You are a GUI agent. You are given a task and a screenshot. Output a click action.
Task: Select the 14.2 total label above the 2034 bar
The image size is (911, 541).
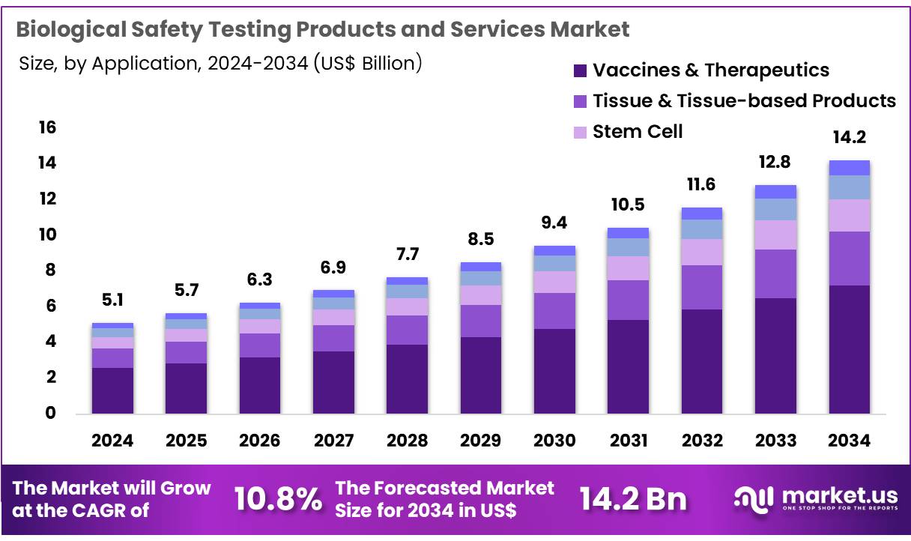coord(849,138)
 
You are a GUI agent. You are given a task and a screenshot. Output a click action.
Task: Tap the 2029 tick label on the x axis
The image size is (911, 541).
coord(480,441)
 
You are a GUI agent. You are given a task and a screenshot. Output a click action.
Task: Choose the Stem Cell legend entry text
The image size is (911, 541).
coord(638,132)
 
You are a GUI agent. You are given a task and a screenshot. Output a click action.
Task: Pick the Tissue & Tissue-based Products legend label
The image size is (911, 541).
coord(744,101)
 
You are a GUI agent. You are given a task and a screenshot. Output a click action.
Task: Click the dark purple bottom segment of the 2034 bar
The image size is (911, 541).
coord(849,349)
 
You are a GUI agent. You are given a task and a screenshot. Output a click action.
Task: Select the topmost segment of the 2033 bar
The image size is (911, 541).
coord(775,192)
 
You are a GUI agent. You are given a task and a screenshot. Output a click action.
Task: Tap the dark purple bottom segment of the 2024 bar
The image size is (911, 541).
coord(112,390)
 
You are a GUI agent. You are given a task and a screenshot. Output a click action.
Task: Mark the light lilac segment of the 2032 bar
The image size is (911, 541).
coord(702,252)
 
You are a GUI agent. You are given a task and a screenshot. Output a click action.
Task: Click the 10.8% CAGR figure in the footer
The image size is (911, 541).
coord(278,499)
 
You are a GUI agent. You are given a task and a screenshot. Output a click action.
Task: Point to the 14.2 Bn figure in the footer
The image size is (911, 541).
coord(633,499)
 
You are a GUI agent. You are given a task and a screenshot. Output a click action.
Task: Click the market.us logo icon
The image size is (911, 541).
coord(752,499)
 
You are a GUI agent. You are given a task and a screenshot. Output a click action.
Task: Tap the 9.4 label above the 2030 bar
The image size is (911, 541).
coord(554,222)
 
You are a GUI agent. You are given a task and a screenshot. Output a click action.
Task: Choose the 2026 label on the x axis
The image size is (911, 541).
coord(259,441)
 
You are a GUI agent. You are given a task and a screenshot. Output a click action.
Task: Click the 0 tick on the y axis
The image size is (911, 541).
coord(50,414)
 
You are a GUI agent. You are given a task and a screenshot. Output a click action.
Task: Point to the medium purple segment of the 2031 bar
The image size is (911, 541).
coord(628,300)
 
